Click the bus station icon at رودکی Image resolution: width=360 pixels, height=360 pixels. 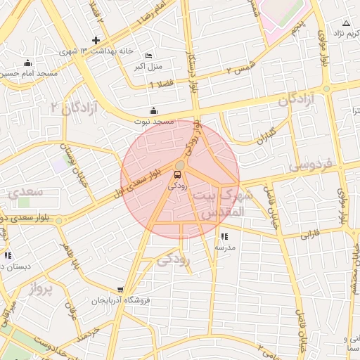pos(176,176)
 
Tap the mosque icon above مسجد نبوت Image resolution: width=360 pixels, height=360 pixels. pos(154,110)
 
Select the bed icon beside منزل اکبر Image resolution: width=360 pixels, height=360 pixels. pos(148,56)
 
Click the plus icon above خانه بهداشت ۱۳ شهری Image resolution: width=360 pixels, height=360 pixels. pos(96,39)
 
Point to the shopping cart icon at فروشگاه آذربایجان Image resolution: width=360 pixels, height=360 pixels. pos(121,290)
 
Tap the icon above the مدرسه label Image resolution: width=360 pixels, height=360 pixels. pos(224,237)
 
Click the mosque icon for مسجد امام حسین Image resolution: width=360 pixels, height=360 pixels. pos(27,63)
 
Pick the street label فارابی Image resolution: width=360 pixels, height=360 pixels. pos(309,235)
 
